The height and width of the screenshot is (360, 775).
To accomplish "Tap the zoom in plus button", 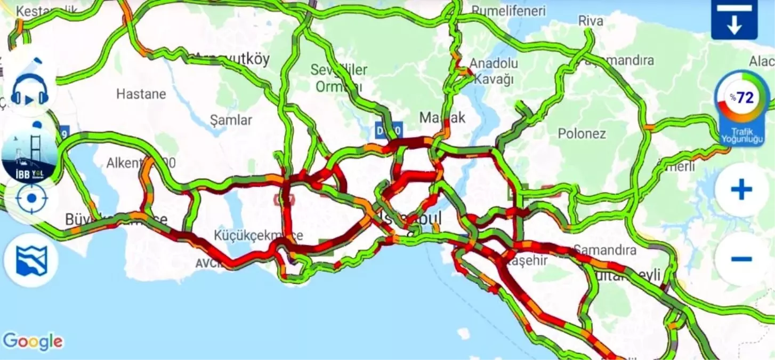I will point(741,190).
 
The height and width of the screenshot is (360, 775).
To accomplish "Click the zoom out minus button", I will point(741,259).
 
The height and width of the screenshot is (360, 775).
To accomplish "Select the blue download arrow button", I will point(734,20).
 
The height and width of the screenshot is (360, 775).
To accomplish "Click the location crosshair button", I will point(31,198).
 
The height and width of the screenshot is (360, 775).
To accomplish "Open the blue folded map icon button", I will point(31,261).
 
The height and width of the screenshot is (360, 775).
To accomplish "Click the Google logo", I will point(33,342).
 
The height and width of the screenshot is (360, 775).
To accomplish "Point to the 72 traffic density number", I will point(745,98).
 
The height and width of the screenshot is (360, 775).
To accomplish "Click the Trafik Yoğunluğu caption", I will point(742,135).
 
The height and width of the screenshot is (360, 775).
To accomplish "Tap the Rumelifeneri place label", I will point(509,11).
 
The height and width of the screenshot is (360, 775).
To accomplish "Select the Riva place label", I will point(591,21).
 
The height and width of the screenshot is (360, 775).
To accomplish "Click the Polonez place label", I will point(582,133).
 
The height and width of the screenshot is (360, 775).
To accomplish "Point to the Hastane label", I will point(141,94).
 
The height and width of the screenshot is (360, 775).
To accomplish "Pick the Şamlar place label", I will point(231,120).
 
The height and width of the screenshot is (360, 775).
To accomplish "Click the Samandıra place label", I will point(604,250).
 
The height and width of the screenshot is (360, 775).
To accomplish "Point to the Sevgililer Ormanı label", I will point(339,78).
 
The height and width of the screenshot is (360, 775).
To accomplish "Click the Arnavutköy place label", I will point(232,59).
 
